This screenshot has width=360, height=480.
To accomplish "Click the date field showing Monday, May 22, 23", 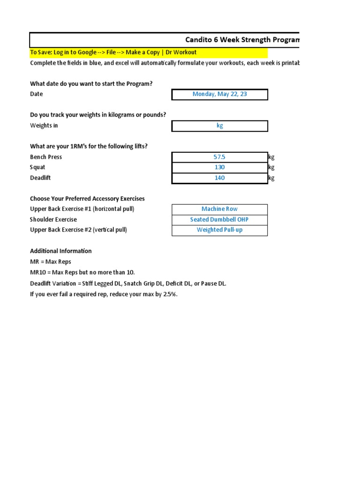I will [219, 94].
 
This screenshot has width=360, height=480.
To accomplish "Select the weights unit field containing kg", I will [219, 126].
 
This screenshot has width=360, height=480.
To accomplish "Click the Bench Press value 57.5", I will [219, 157].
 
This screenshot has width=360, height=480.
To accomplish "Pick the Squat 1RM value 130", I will [219, 167].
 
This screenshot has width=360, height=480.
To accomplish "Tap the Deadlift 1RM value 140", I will [219, 178].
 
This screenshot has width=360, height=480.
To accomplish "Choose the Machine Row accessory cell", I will [219, 209].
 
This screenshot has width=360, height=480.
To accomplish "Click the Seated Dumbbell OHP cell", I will [219, 219].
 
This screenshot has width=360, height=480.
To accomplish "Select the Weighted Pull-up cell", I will [219, 230].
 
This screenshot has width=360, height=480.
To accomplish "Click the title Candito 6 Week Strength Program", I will [242, 40].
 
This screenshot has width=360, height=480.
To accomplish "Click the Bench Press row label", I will [46, 157].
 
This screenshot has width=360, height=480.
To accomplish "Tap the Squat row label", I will [37, 167].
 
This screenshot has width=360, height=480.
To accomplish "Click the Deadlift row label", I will [40, 178].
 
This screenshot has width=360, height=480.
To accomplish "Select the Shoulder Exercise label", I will [53, 219].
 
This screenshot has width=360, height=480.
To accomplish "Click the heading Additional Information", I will [61, 251].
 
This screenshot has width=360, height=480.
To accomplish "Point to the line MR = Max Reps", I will [51, 262].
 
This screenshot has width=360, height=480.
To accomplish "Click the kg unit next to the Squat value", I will [271, 167].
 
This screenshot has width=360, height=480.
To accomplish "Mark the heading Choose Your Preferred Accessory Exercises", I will [87, 199].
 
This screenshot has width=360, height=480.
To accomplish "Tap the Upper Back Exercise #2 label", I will [78, 230].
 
